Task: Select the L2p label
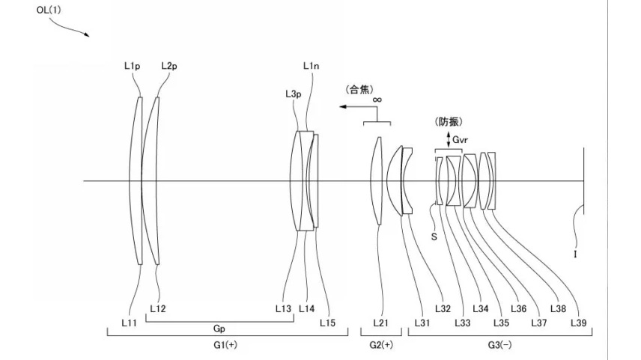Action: click(169, 66)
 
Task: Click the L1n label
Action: click(312, 66)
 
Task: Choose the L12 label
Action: click(158, 308)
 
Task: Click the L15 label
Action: click(327, 323)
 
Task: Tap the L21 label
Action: click(380, 323)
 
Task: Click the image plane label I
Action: click(575, 254)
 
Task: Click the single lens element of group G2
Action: click(378, 181)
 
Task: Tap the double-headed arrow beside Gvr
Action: click(449, 140)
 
